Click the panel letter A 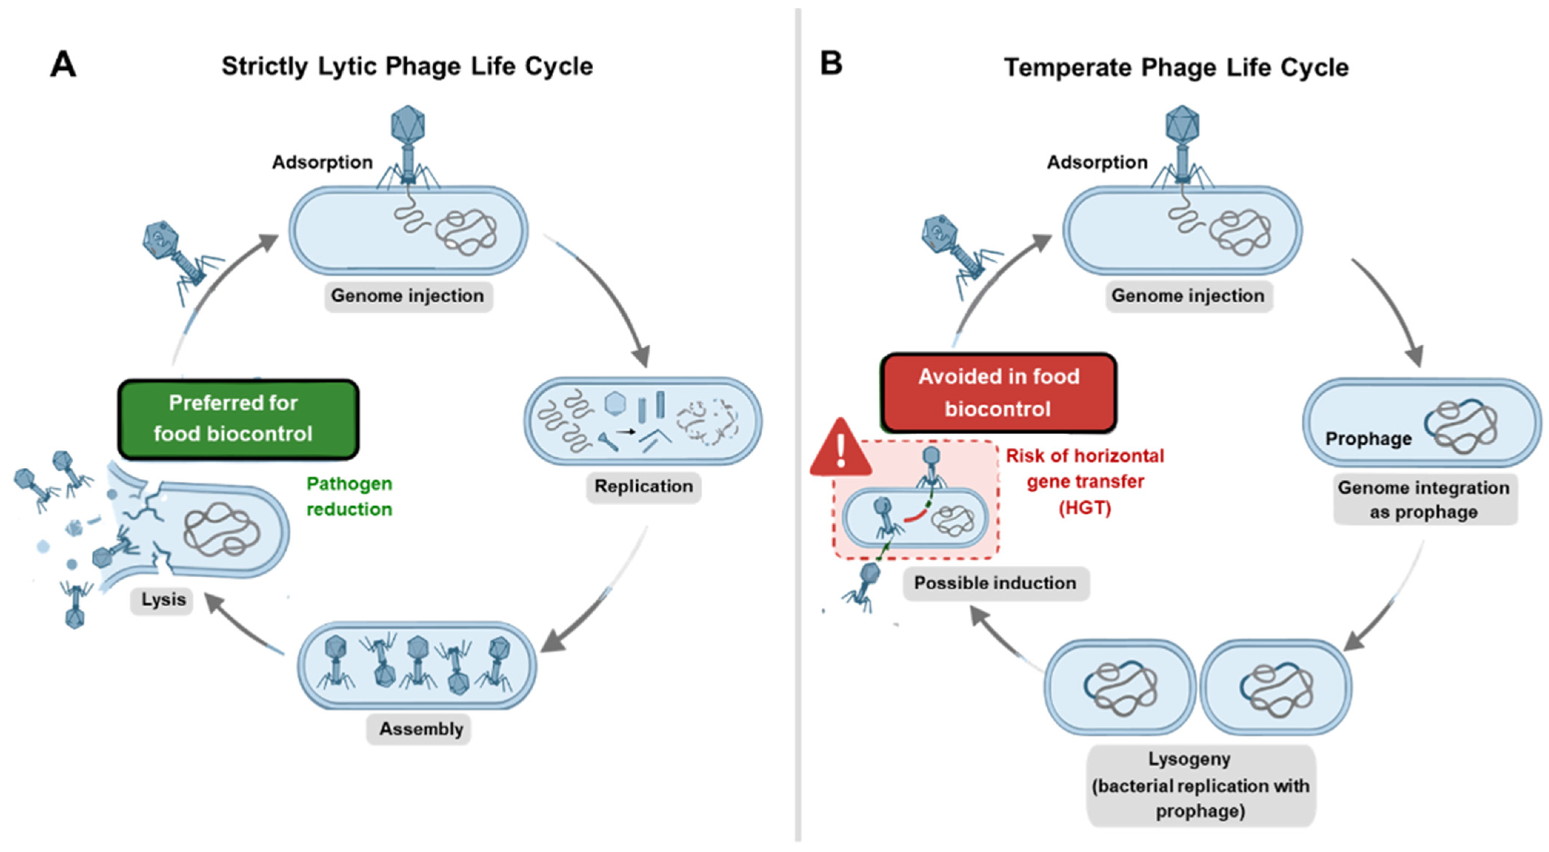[63, 64]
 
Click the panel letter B [831, 63]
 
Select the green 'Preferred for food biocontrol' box [239, 419]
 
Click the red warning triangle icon [841, 448]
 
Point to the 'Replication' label [643, 486]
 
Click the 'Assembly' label [421, 729]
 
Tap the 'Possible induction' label [995, 583]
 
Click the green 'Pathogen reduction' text [349, 496]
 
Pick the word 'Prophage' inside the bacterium [1369, 439]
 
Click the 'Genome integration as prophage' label [1424, 500]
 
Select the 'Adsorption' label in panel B [1097, 162]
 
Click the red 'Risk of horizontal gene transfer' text [1085, 481]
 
